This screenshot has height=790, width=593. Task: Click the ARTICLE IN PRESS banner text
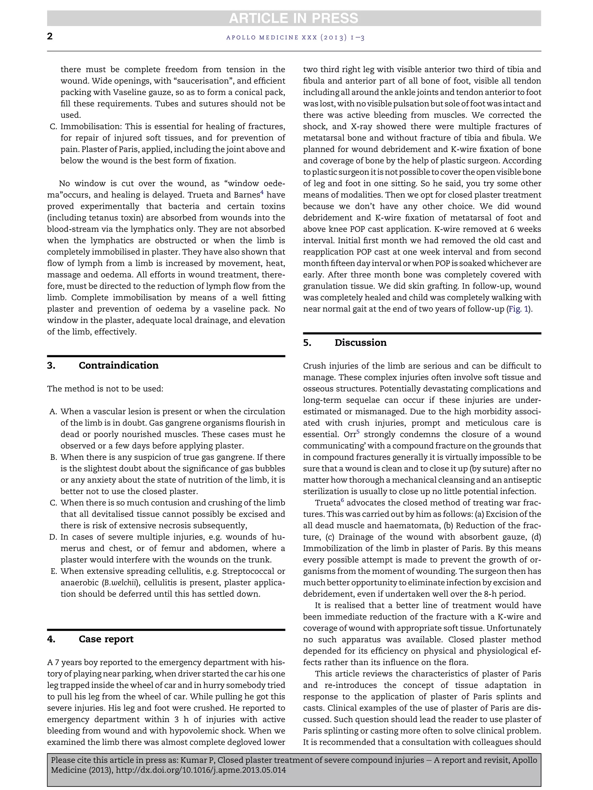(x=294, y=18)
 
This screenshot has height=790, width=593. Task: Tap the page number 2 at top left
(x=50, y=36)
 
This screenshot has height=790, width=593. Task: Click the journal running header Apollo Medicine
(x=295, y=38)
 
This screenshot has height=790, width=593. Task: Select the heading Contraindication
(x=118, y=365)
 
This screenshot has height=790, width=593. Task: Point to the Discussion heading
(x=360, y=342)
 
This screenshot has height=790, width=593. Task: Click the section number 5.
(x=307, y=342)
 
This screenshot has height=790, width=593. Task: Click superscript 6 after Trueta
(x=342, y=500)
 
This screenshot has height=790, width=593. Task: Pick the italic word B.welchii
(x=120, y=583)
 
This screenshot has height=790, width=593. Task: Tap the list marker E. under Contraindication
(x=54, y=571)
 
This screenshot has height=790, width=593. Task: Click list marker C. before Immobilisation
(x=54, y=127)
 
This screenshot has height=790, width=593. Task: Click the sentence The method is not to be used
(x=105, y=388)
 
